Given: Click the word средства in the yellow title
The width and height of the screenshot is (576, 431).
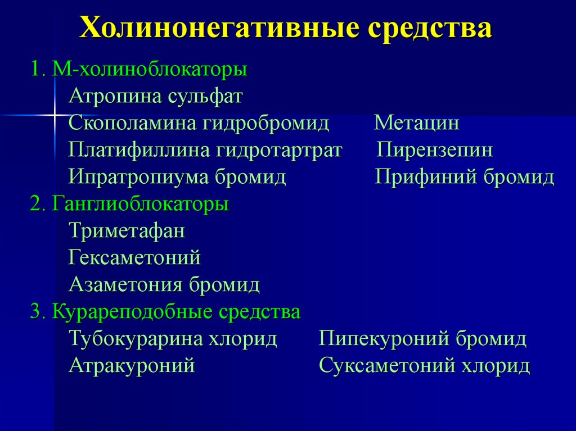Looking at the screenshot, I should [430, 29].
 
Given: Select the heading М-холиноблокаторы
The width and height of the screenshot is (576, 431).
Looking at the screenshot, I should [150, 70].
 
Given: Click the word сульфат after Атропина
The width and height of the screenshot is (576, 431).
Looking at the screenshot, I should [205, 96].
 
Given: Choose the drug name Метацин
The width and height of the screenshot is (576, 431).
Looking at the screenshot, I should [417, 123].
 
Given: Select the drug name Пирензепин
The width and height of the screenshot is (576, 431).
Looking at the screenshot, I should [435, 150].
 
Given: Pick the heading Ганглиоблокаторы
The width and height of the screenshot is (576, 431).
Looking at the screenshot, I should [141, 203].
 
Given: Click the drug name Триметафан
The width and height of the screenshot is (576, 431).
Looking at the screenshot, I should [127, 230].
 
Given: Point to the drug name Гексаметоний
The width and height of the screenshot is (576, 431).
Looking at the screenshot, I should [135, 258].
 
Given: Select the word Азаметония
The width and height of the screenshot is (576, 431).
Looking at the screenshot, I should [125, 285].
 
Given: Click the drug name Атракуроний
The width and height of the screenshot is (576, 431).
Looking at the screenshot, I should [132, 366].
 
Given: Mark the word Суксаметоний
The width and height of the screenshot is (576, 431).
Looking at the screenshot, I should [387, 366].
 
